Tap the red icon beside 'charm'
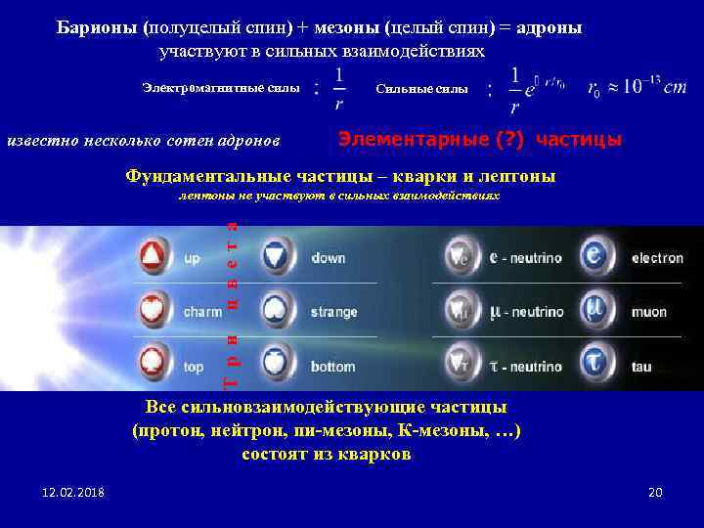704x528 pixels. [x=154, y=312]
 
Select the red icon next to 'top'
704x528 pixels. [x=154, y=366]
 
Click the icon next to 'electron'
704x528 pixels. [x=595, y=258]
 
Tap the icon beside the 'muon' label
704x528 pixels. [x=595, y=312]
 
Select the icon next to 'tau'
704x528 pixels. [x=595, y=366]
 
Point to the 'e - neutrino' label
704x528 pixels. [x=526, y=259]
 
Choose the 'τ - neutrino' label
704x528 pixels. [x=526, y=367]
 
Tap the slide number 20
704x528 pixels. [x=655, y=492]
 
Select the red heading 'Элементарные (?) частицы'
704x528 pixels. [x=479, y=139]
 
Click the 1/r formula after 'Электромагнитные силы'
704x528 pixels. [x=337, y=89]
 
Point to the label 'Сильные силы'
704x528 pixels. [x=421, y=90]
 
